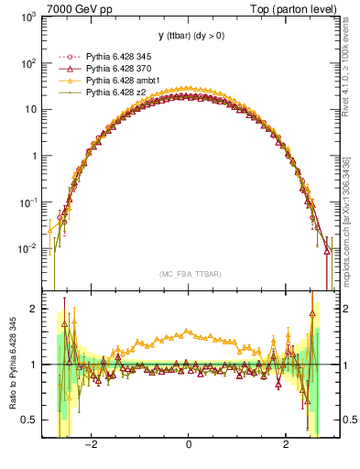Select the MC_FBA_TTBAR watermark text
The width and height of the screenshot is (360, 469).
(x=188, y=272)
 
